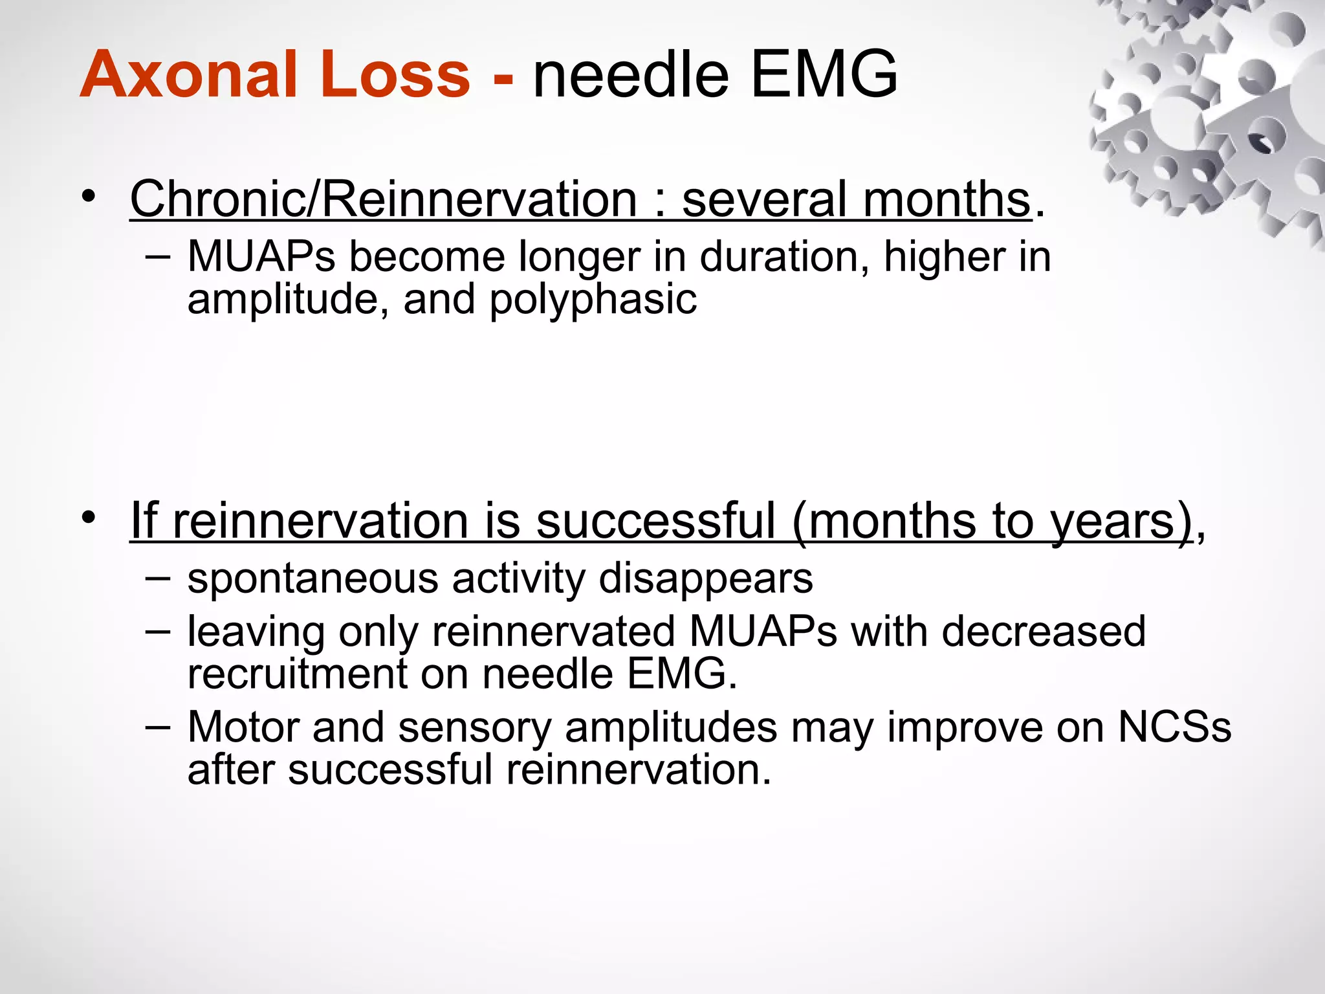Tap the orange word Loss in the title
pos(386,75)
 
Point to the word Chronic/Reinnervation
pos(384,199)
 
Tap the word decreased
pos(1043,632)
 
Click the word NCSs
pos(1174,727)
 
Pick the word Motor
pos(243,727)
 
